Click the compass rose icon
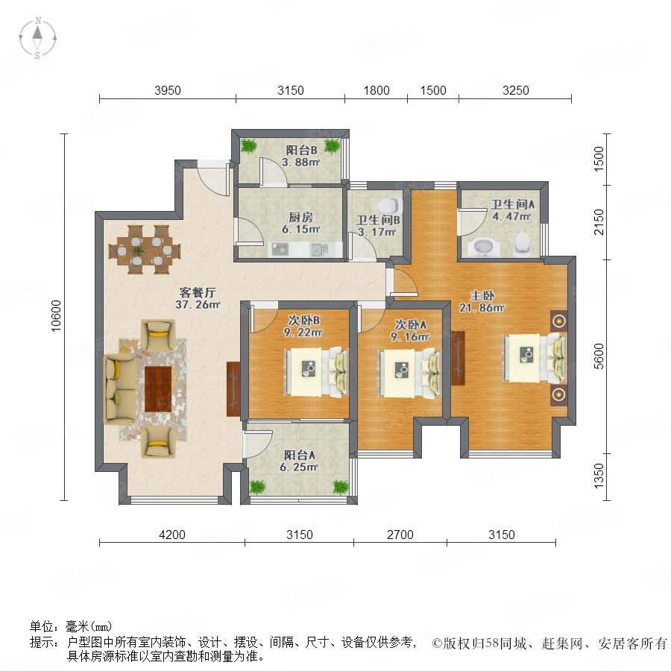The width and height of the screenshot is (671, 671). [38, 38]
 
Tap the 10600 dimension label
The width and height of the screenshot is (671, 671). [57, 316]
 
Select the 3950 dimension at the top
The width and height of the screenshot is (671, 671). [168, 90]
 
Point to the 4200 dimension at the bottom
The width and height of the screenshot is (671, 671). [172, 535]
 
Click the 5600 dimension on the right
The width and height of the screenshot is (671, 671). [599, 356]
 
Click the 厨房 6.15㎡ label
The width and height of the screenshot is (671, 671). [301, 223]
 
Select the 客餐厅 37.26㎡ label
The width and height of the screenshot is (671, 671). [198, 298]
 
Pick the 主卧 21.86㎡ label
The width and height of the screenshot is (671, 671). [482, 301]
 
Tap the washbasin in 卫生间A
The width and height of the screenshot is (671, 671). [482, 247]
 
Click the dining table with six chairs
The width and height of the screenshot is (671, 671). [145, 250]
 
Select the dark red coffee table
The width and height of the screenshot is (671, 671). [158, 389]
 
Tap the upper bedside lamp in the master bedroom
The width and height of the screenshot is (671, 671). [559, 321]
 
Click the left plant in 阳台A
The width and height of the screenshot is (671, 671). [258, 487]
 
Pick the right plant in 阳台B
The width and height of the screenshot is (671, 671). [332, 146]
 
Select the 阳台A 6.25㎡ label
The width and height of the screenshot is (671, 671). [299, 461]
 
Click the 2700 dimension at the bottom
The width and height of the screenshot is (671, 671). [400, 535]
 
